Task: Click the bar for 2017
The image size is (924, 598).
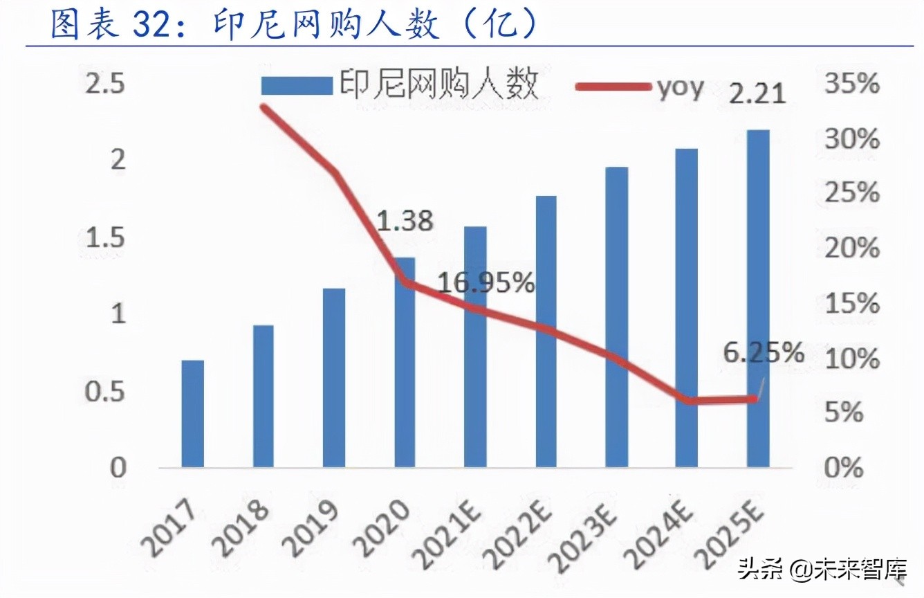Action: tap(192, 413)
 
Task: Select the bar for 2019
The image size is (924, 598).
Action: tap(334, 377)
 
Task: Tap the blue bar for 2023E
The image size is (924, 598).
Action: tap(616, 316)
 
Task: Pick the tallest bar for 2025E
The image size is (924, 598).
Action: tap(758, 298)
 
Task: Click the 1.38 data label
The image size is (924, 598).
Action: tap(405, 221)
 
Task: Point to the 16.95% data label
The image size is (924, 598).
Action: tap(486, 282)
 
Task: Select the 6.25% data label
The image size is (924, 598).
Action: tap(764, 353)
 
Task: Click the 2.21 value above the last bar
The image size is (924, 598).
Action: tap(758, 93)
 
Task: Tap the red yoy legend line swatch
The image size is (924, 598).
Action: tap(613, 87)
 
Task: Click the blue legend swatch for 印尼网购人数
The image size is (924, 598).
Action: tap(296, 87)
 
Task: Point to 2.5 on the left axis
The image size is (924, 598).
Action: tap(106, 85)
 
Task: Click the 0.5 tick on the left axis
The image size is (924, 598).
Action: tap(106, 392)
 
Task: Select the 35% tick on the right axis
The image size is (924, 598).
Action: tap(852, 84)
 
